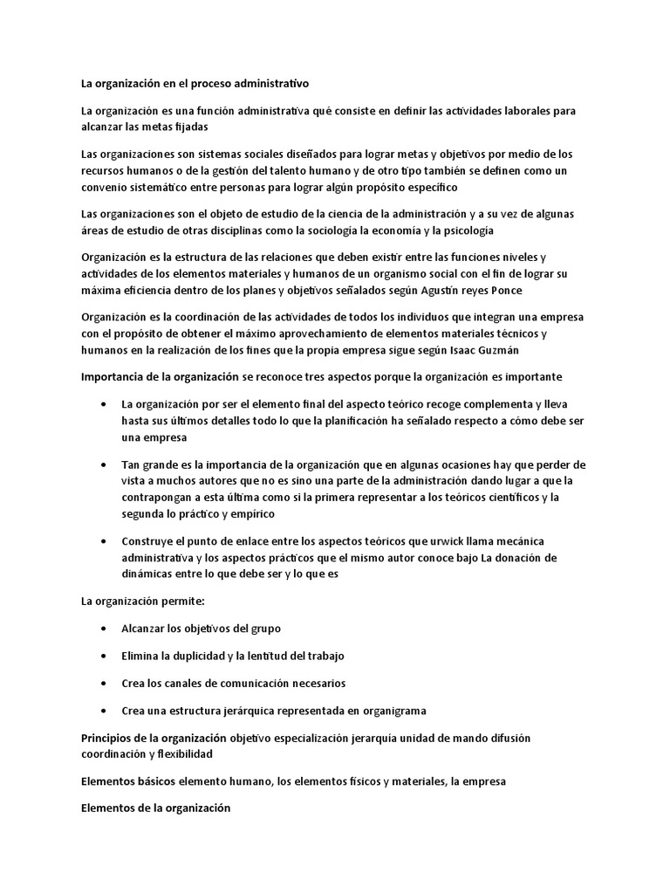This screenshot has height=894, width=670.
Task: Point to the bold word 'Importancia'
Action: pyautogui.click(x=114, y=376)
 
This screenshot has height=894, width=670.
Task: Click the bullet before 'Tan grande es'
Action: pyautogui.click(x=105, y=464)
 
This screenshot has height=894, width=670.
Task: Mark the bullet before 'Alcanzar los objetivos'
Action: pyautogui.click(x=105, y=629)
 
